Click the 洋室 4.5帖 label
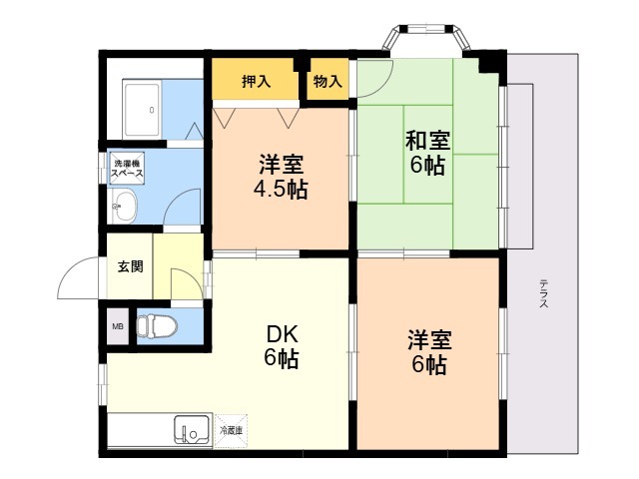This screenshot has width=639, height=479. tap(281, 177)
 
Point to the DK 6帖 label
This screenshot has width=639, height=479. tap(282, 346)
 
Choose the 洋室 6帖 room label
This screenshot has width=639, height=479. tap(427, 352)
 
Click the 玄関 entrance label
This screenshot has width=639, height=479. tap(130, 266)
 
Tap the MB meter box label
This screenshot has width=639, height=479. tap(118, 326)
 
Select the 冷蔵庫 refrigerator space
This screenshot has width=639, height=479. tap(232, 430)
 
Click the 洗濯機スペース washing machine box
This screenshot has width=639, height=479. tap(128, 167)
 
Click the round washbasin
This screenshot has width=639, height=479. tap(123, 210)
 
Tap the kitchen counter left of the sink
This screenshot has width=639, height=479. tap(140, 431)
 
